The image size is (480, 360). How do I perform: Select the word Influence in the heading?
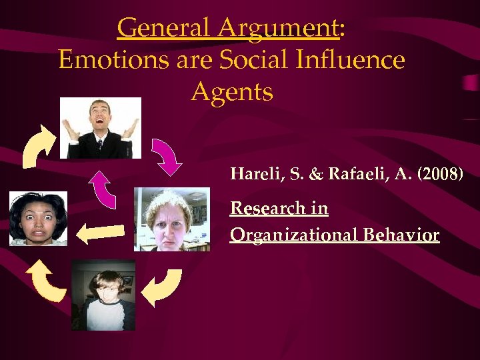click(x=350, y=60)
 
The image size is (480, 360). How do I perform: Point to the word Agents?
click(x=232, y=91)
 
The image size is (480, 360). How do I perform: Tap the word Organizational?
click(x=293, y=235)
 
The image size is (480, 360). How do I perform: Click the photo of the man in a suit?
click(x=101, y=128)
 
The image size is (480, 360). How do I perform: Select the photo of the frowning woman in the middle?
click(x=171, y=219)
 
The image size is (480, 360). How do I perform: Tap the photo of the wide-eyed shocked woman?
click(x=38, y=219)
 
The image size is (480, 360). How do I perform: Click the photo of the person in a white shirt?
click(x=103, y=295)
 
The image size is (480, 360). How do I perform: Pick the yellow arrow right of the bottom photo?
click(x=162, y=287)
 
